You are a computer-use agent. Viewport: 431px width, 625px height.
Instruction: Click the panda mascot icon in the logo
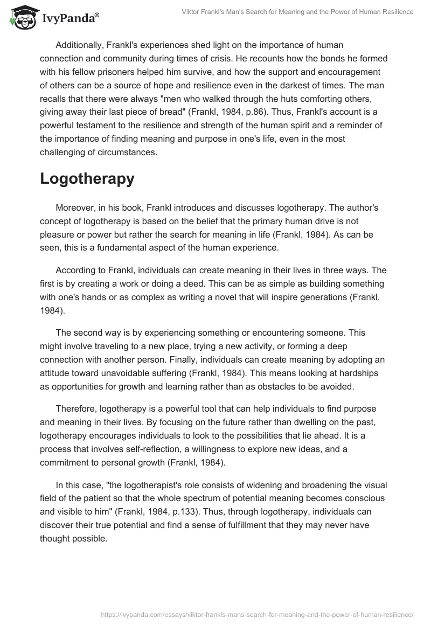(22, 17)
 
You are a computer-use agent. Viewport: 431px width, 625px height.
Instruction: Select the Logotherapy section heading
(87, 179)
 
